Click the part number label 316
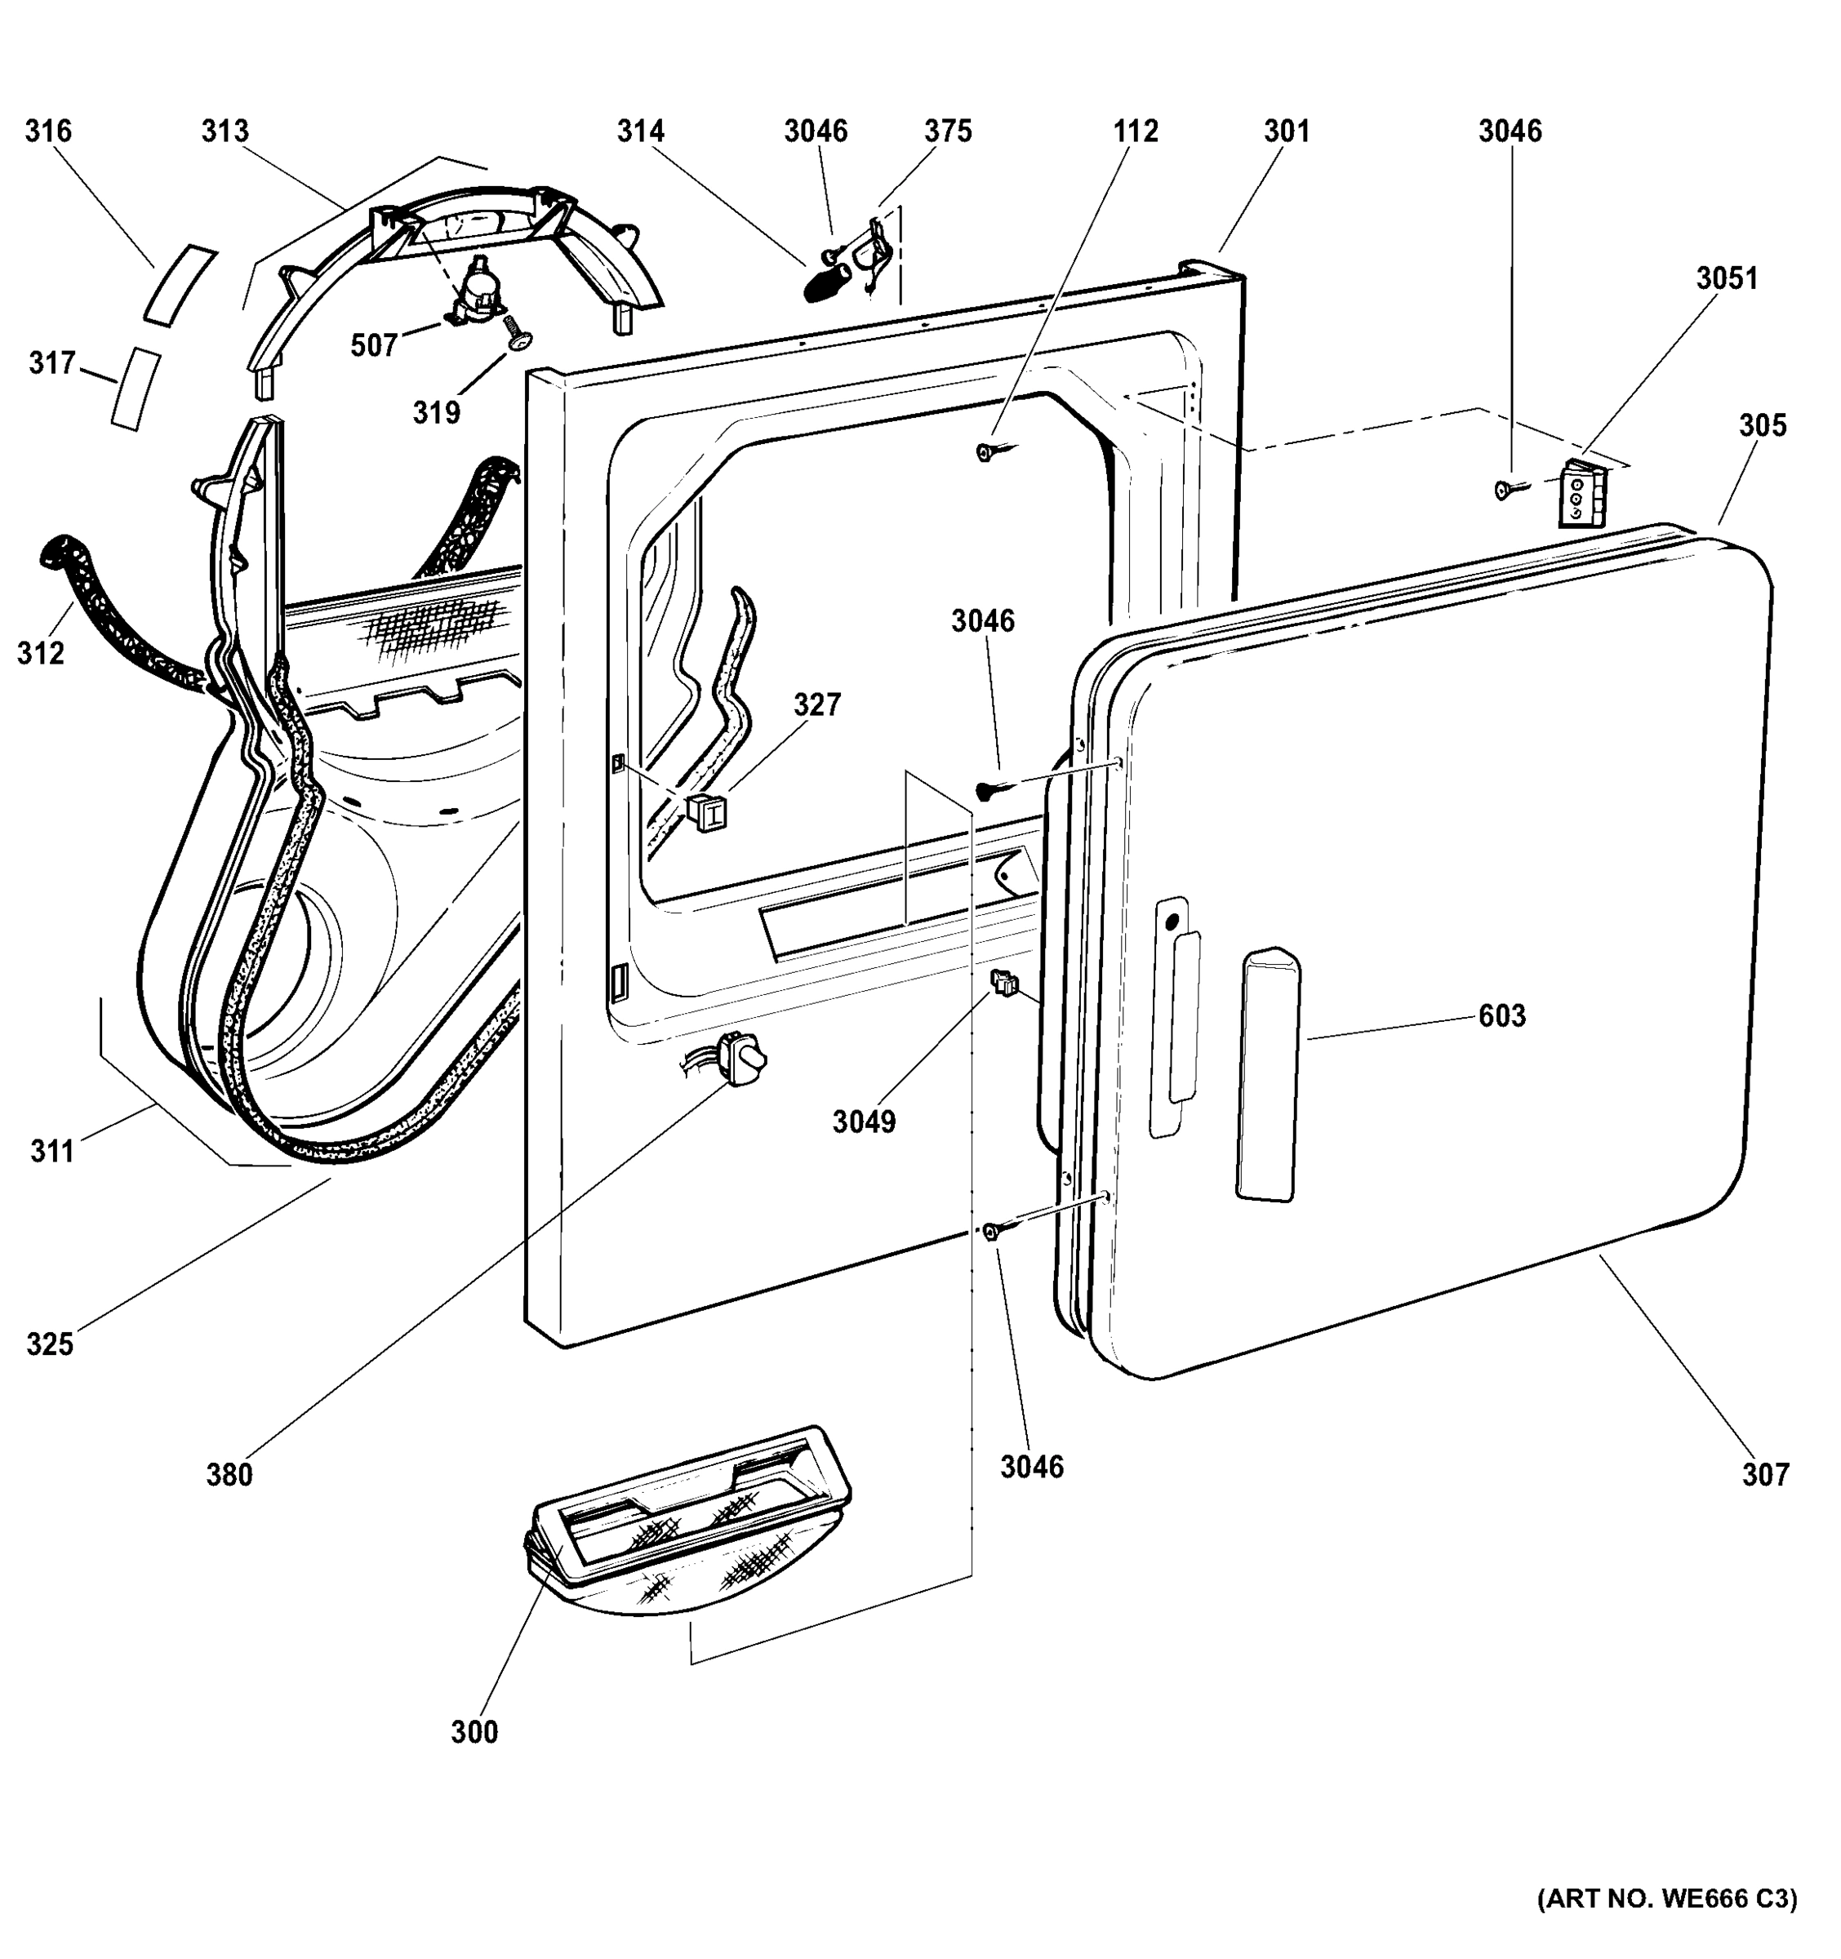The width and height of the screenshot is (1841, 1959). (48, 131)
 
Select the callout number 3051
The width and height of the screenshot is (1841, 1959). (1727, 279)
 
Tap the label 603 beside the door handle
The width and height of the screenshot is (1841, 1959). (1502, 1016)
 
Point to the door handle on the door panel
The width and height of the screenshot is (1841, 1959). (1267, 1074)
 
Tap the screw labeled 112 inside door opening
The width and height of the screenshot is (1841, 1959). (989, 452)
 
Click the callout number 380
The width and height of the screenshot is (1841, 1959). (229, 1475)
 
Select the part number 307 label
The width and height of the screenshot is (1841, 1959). (1765, 1475)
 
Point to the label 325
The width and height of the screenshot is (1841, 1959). (49, 1344)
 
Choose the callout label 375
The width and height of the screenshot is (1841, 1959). (948, 131)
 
